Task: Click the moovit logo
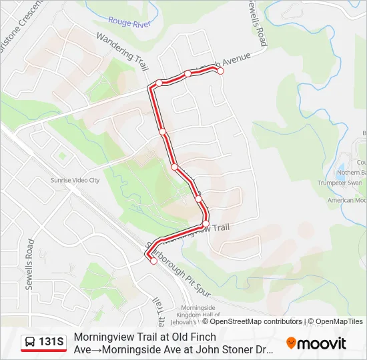point(316,343)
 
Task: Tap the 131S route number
point(52,343)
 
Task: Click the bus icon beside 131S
point(30,343)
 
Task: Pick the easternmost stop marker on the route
point(220,71)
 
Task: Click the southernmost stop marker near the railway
point(153,261)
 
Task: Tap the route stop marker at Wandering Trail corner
point(159,83)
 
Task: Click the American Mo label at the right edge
point(347,200)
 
